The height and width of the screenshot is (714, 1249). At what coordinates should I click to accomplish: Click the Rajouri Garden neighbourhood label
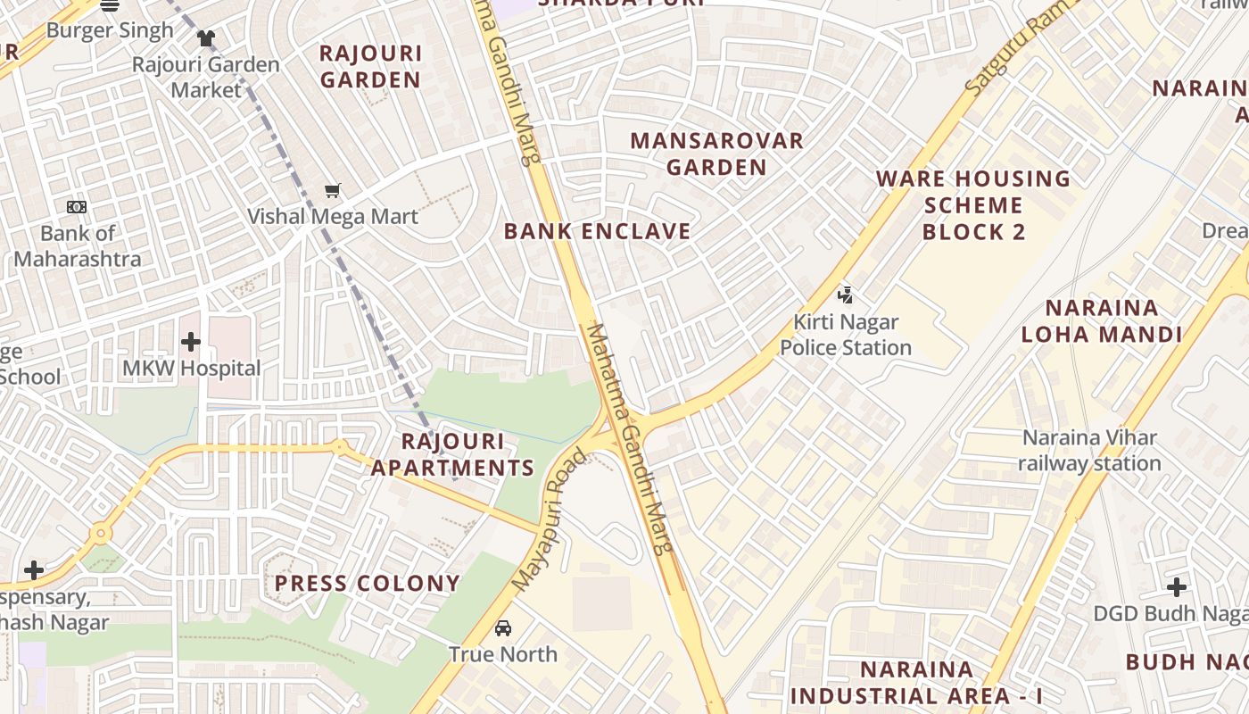click(x=370, y=66)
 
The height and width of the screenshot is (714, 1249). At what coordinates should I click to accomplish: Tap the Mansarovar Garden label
click(x=716, y=154)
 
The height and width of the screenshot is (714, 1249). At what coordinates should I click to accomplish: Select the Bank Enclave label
click(x=597, y=231)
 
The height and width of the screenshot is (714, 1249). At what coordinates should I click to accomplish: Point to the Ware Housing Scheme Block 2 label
click(x=973, y=205)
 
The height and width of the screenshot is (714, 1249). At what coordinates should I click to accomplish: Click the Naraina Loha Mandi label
click(x=1102, y=321)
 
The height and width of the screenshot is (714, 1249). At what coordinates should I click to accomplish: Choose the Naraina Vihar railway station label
click(x=1089, y=451)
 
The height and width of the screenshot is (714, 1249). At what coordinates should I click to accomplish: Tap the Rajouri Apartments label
click(x=452, y=454)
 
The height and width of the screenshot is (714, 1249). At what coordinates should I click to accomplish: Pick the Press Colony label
click(x=367, y=584)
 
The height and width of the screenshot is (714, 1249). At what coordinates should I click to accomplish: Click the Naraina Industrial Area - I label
click(x=916, y=683)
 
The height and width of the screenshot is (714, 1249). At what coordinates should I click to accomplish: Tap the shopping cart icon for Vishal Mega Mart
click(x=333, y=189)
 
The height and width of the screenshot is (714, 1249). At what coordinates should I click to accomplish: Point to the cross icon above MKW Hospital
click(x=190, y=342)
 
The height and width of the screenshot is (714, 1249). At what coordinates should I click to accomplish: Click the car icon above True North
click(x=503, y=627)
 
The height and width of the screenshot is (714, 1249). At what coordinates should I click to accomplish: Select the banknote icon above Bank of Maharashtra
click(x=77, y=207)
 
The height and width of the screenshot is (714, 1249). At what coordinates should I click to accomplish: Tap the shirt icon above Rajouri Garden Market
click(x=206, y=37)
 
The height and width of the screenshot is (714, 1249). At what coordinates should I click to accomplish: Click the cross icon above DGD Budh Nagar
click(x=1177, y=587)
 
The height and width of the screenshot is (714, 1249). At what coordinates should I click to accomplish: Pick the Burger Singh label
click(x=110, y=30)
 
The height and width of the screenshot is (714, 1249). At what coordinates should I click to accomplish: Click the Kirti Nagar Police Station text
click(x=846, y=335)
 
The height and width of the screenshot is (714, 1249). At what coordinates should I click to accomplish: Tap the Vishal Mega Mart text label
click(x=333, y=216)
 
